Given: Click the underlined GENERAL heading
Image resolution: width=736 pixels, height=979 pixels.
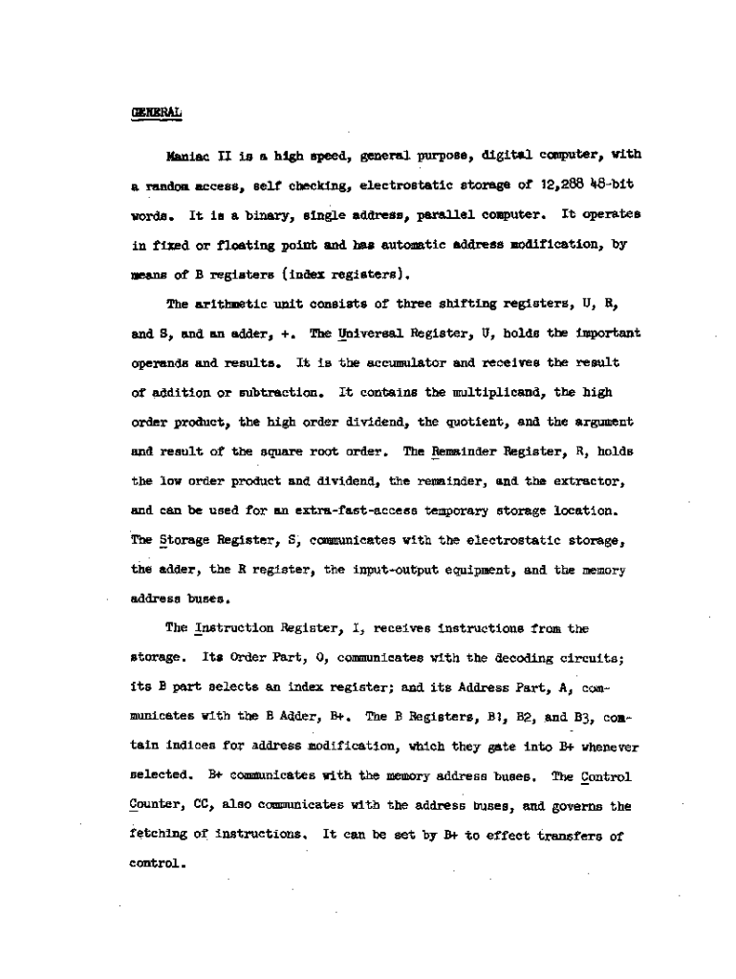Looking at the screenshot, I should click(x=156, y=112).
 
